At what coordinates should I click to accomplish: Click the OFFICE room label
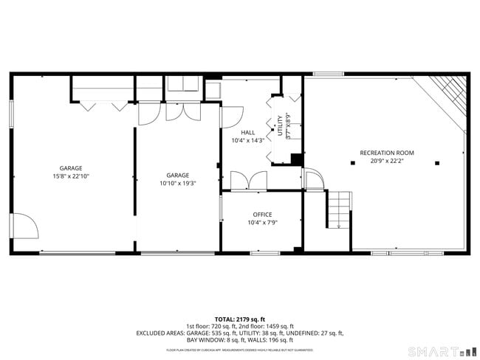click(x=262, y=215)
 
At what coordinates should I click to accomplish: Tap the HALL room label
click(x=248, y=133)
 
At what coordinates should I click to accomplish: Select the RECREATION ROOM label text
click(x=386, y=153)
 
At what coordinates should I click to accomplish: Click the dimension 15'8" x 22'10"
click(x=72, y=176)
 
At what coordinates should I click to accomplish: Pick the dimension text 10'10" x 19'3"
click(x=177, y=183)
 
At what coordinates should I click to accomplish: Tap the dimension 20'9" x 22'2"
click(x=386, y=161)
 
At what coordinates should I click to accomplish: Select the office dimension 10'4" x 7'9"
click(x=262, y=223)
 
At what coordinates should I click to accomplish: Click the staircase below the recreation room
click(x=337, y=210)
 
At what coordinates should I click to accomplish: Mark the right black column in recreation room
click(x=437, y=162)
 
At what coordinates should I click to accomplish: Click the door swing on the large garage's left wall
click(x=24, y=225)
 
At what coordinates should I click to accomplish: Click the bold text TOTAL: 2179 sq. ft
click(x=240, y=319)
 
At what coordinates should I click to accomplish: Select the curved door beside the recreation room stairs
click(x=312, y=179)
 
